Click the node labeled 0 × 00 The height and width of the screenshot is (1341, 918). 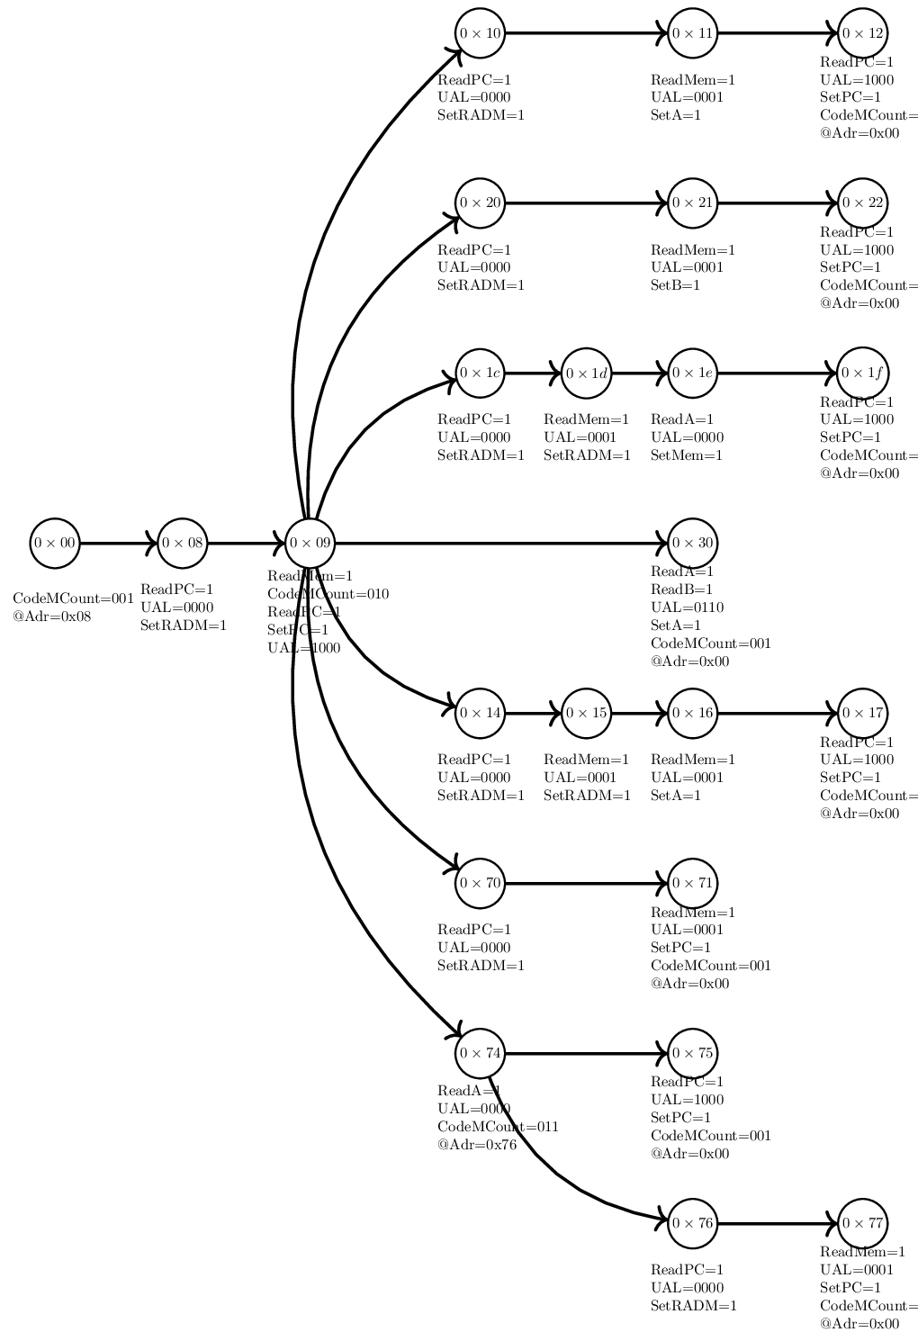pos(55,544)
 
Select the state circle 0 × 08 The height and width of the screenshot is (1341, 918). pos(183,544)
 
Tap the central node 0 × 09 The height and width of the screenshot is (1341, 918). pos(310,544)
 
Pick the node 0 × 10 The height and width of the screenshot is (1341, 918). pos(480,33)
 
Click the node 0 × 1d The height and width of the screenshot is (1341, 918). pos(586,373)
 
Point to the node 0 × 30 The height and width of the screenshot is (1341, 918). pos(692,544)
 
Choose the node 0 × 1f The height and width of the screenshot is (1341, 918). pos(862,373)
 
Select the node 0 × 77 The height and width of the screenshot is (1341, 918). pos(862,1224)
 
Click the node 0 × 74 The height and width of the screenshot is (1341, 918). pos(480,1053)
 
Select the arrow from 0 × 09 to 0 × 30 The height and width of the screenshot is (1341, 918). pos(499,544)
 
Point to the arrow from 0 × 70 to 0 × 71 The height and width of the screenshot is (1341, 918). pos(586,883)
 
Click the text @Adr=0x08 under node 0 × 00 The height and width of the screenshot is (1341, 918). pos(52,617)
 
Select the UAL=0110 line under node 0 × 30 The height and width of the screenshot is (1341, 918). pos(687,607)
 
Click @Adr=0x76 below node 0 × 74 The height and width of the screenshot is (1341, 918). pos(477,1145)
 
